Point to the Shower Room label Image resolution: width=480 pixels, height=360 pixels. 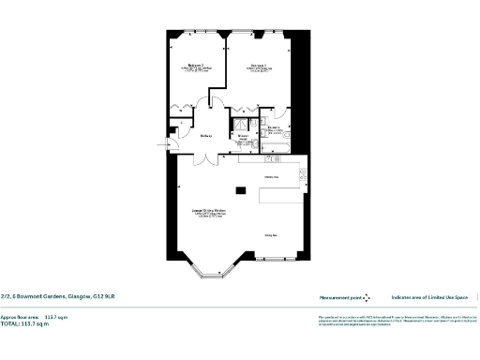(x=242, y=137)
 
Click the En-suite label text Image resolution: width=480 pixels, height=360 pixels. (x=274, y=127)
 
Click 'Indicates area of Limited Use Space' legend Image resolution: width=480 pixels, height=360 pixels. (x=431, y=296)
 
